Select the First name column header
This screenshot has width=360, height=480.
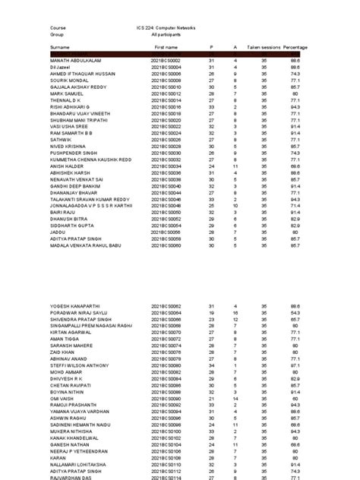click(166, 47)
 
